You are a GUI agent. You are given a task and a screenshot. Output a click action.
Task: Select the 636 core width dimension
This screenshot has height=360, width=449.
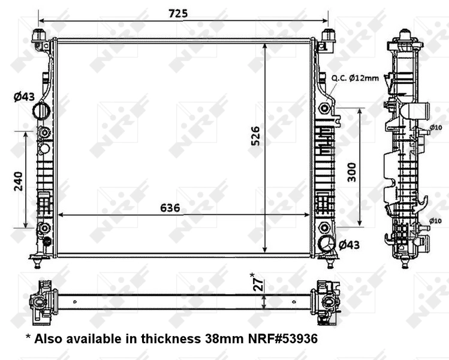(170, 208)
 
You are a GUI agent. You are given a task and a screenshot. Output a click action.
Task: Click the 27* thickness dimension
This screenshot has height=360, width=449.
(255, 282)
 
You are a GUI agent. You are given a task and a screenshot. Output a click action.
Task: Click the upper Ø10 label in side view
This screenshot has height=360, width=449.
(436, 127)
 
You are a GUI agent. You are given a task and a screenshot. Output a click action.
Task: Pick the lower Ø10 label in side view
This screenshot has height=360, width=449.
(436, 221)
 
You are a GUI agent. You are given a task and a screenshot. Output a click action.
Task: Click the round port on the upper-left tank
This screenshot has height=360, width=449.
(41, 111)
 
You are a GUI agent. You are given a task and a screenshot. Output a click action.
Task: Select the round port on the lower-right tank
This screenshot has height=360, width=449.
(327, 244)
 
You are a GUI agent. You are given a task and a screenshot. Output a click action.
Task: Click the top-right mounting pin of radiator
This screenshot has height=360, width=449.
(328, 35)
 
